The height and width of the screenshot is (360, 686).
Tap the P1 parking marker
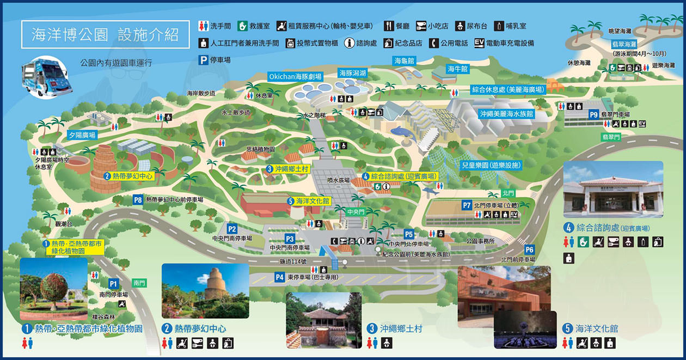[113, 284]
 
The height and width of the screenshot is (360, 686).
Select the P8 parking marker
[138, 200]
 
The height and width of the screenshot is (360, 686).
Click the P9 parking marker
[593, 114]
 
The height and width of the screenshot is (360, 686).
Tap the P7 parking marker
[467, 205]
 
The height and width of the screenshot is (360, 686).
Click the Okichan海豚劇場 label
[295, 77]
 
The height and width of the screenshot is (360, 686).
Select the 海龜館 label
[405, 61]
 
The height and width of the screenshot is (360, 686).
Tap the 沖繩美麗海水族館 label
[506, 114]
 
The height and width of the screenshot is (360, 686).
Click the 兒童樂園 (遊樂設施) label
[491, 164]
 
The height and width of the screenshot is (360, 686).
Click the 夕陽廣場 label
[82, 135]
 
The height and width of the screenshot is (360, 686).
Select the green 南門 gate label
[139, 283]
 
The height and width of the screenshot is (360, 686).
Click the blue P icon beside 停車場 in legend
[203, 60]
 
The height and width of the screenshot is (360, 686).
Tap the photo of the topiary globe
[53, 289]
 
